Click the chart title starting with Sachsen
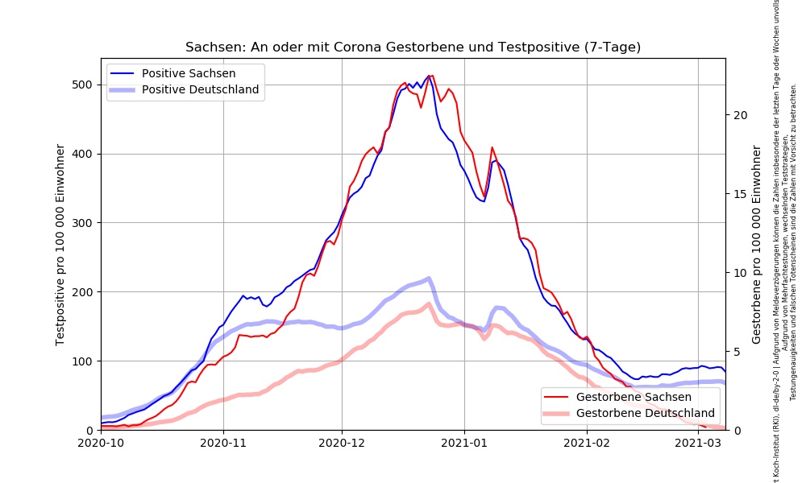(x=413, y=47)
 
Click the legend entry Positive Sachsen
(x=189, y=73)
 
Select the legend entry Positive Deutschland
(x=200, y=89)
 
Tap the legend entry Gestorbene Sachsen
(x=634, y=397)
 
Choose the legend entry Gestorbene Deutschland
(x=645, y=413)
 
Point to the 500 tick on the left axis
(x=83, y=85)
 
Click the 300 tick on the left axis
(x=83, y=223)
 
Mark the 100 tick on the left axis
(x=83, y=361)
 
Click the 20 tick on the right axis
(x=741, y=115)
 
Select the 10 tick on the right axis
(x=741, y=273)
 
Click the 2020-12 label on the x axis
(x=342, y=442)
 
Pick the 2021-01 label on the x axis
(x=463, y=442)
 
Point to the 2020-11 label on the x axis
(x=222, y=442)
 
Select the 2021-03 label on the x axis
(x=698, y=442)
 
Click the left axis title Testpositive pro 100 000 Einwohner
(x=60, y=245)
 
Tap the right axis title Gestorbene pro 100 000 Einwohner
(x=756, y=245)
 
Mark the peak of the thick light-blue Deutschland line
(x=428, y=279)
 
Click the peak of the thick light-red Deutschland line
(x=429, y=303)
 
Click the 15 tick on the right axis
(x=741, y=194)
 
